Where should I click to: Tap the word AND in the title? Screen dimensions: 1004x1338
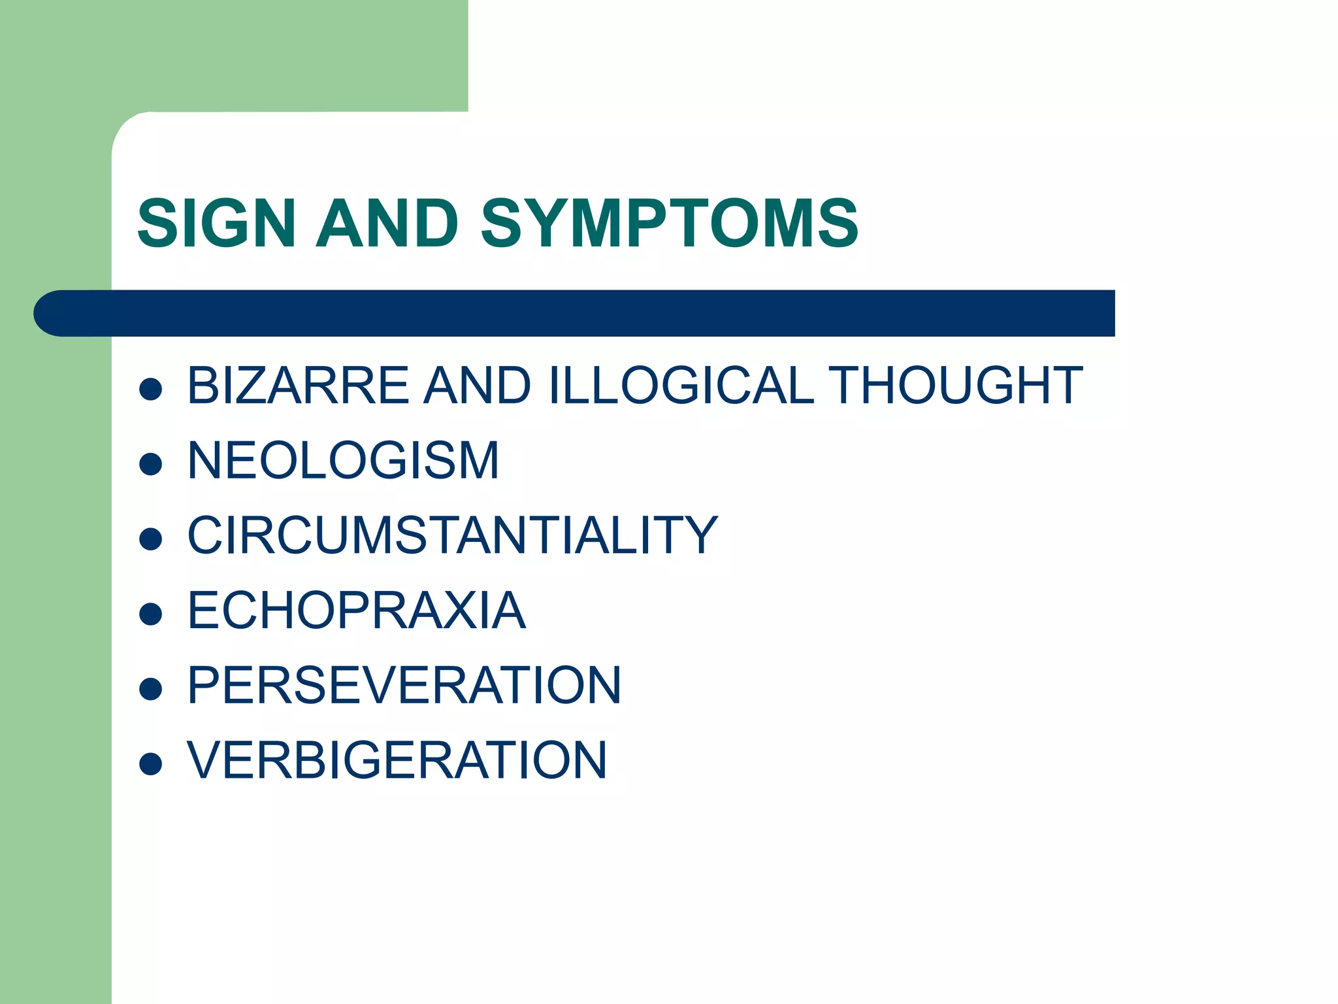[x=387, y=224]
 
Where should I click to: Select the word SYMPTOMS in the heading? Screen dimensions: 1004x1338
[x=670, y=224]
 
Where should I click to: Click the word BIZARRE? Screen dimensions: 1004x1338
[x=298, y=386]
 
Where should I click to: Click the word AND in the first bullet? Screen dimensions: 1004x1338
[x=477, y=386]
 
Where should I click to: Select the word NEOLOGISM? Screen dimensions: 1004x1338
[x=343, y=461]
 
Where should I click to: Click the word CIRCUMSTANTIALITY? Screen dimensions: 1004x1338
[x=452, y=535]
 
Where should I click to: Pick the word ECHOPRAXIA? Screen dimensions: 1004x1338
[x=356, y=611]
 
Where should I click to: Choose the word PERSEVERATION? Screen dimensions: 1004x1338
[x=404, y=686]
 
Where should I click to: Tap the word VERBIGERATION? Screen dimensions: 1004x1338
[x=397, y=760]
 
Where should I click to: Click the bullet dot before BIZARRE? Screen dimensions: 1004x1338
[x=151, y=390]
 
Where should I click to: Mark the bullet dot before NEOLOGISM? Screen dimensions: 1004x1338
[x=151, y=464]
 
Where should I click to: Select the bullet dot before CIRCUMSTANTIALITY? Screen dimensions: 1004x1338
[x=151, y=539]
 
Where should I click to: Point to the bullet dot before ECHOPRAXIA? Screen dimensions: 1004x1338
[x=151, y=614]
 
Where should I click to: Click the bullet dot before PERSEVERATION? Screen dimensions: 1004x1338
[x=151, y=689]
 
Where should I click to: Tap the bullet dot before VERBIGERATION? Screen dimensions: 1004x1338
[x=151, y=763]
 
